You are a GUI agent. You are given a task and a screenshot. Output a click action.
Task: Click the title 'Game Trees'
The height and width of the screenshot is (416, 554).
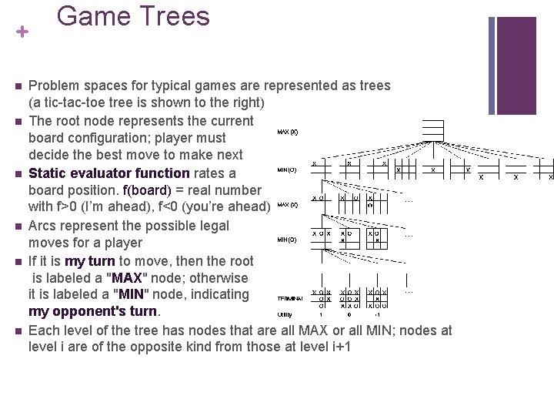click(133, 16)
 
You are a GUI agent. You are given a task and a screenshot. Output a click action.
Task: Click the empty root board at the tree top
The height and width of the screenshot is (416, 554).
click(432, 130)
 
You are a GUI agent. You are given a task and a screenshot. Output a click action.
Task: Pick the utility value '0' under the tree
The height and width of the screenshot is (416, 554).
click(350, 314)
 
